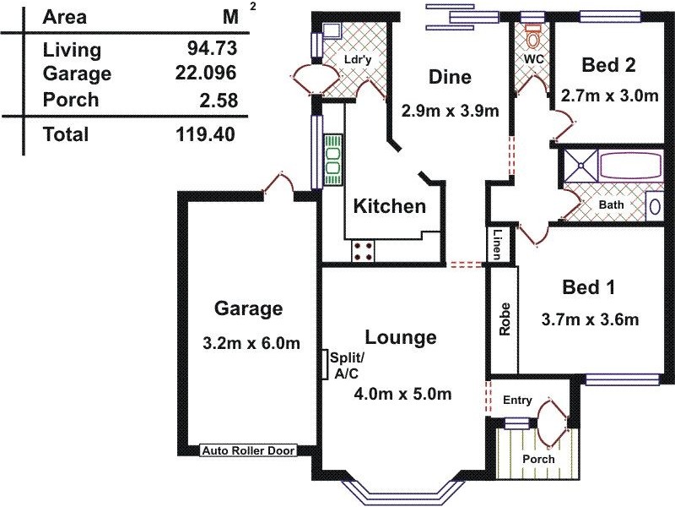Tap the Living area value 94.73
coord(211,48)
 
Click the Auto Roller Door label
coord(247,451)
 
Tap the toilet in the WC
coord(532,35)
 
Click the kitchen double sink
coord(333,160)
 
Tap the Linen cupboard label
coord(499,245)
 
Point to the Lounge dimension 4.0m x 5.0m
coord(403,394)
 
